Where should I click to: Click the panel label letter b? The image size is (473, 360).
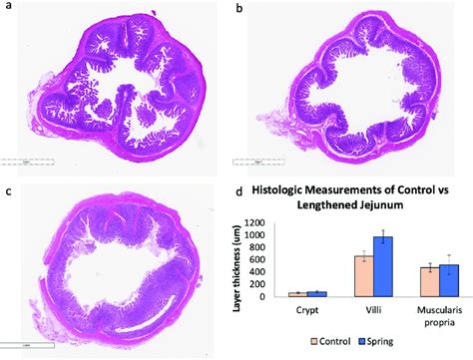point(238,9)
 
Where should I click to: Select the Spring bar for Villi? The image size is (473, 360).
point(384,265)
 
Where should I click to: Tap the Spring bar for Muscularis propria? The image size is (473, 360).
point(449,280)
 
